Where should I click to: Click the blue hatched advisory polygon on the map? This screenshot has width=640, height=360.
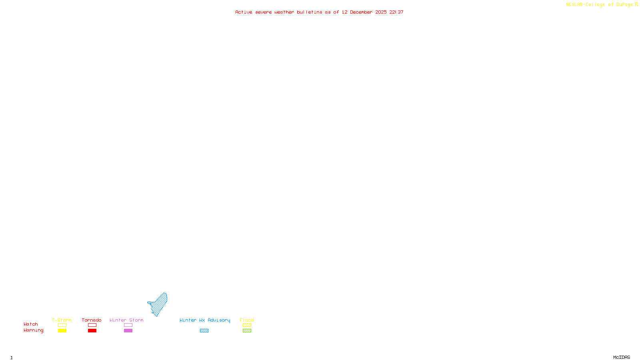point(159,304)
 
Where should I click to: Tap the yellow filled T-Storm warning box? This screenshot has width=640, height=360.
point(62,331)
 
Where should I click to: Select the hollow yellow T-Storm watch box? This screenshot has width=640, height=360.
point(62,325)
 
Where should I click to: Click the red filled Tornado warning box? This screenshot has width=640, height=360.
point(92,331)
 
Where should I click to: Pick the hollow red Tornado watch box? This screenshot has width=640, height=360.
point(92,325)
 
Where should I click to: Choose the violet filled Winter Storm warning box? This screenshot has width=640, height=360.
point(128,331)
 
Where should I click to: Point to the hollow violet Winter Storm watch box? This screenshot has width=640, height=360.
point(128,325)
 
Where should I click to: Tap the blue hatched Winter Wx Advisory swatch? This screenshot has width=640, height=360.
point(204,331)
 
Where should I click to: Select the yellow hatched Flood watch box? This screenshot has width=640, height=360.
point(247,325)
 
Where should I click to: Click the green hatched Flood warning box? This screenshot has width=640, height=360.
point(247,331)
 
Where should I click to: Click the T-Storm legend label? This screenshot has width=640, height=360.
point(62,320)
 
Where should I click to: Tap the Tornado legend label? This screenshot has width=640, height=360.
point(92,320)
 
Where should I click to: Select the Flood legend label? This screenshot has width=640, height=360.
point(247,320)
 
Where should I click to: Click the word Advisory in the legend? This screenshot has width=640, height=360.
point(219,320)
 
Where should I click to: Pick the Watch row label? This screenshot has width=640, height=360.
point(31,324)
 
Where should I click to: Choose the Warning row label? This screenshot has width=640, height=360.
point(33,330)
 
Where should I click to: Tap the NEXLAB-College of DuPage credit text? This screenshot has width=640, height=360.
point(600,5)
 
